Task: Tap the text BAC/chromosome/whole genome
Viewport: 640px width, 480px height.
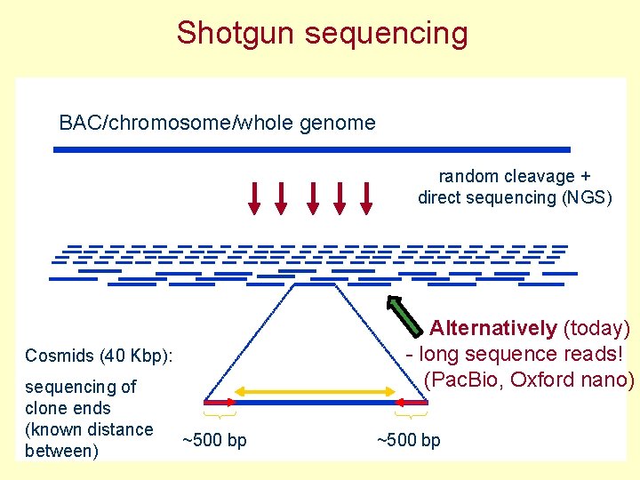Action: (217, 123)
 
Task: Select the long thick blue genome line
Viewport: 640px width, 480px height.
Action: (311, 149)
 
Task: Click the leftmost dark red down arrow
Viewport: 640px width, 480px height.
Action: (254, 198)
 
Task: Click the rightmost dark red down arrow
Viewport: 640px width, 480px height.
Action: (365, 198)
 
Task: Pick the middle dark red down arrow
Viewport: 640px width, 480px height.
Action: (311, 198)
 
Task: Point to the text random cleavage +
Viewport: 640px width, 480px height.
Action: (515, 176)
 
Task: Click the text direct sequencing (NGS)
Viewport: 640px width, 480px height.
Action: (515, 197)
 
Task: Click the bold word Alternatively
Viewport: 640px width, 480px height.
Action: (493, 328)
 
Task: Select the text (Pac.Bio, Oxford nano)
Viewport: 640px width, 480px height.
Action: (529, 380)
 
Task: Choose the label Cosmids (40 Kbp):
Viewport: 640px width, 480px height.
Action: (99, 356)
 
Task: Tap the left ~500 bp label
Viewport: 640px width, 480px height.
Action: (214, 440)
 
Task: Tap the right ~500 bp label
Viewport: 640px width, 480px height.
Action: (409, 440)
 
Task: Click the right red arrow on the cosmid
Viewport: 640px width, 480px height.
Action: (411, 403)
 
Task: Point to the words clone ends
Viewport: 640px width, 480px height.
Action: (68, 408)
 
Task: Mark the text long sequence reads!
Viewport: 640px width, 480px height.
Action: (521, 354)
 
